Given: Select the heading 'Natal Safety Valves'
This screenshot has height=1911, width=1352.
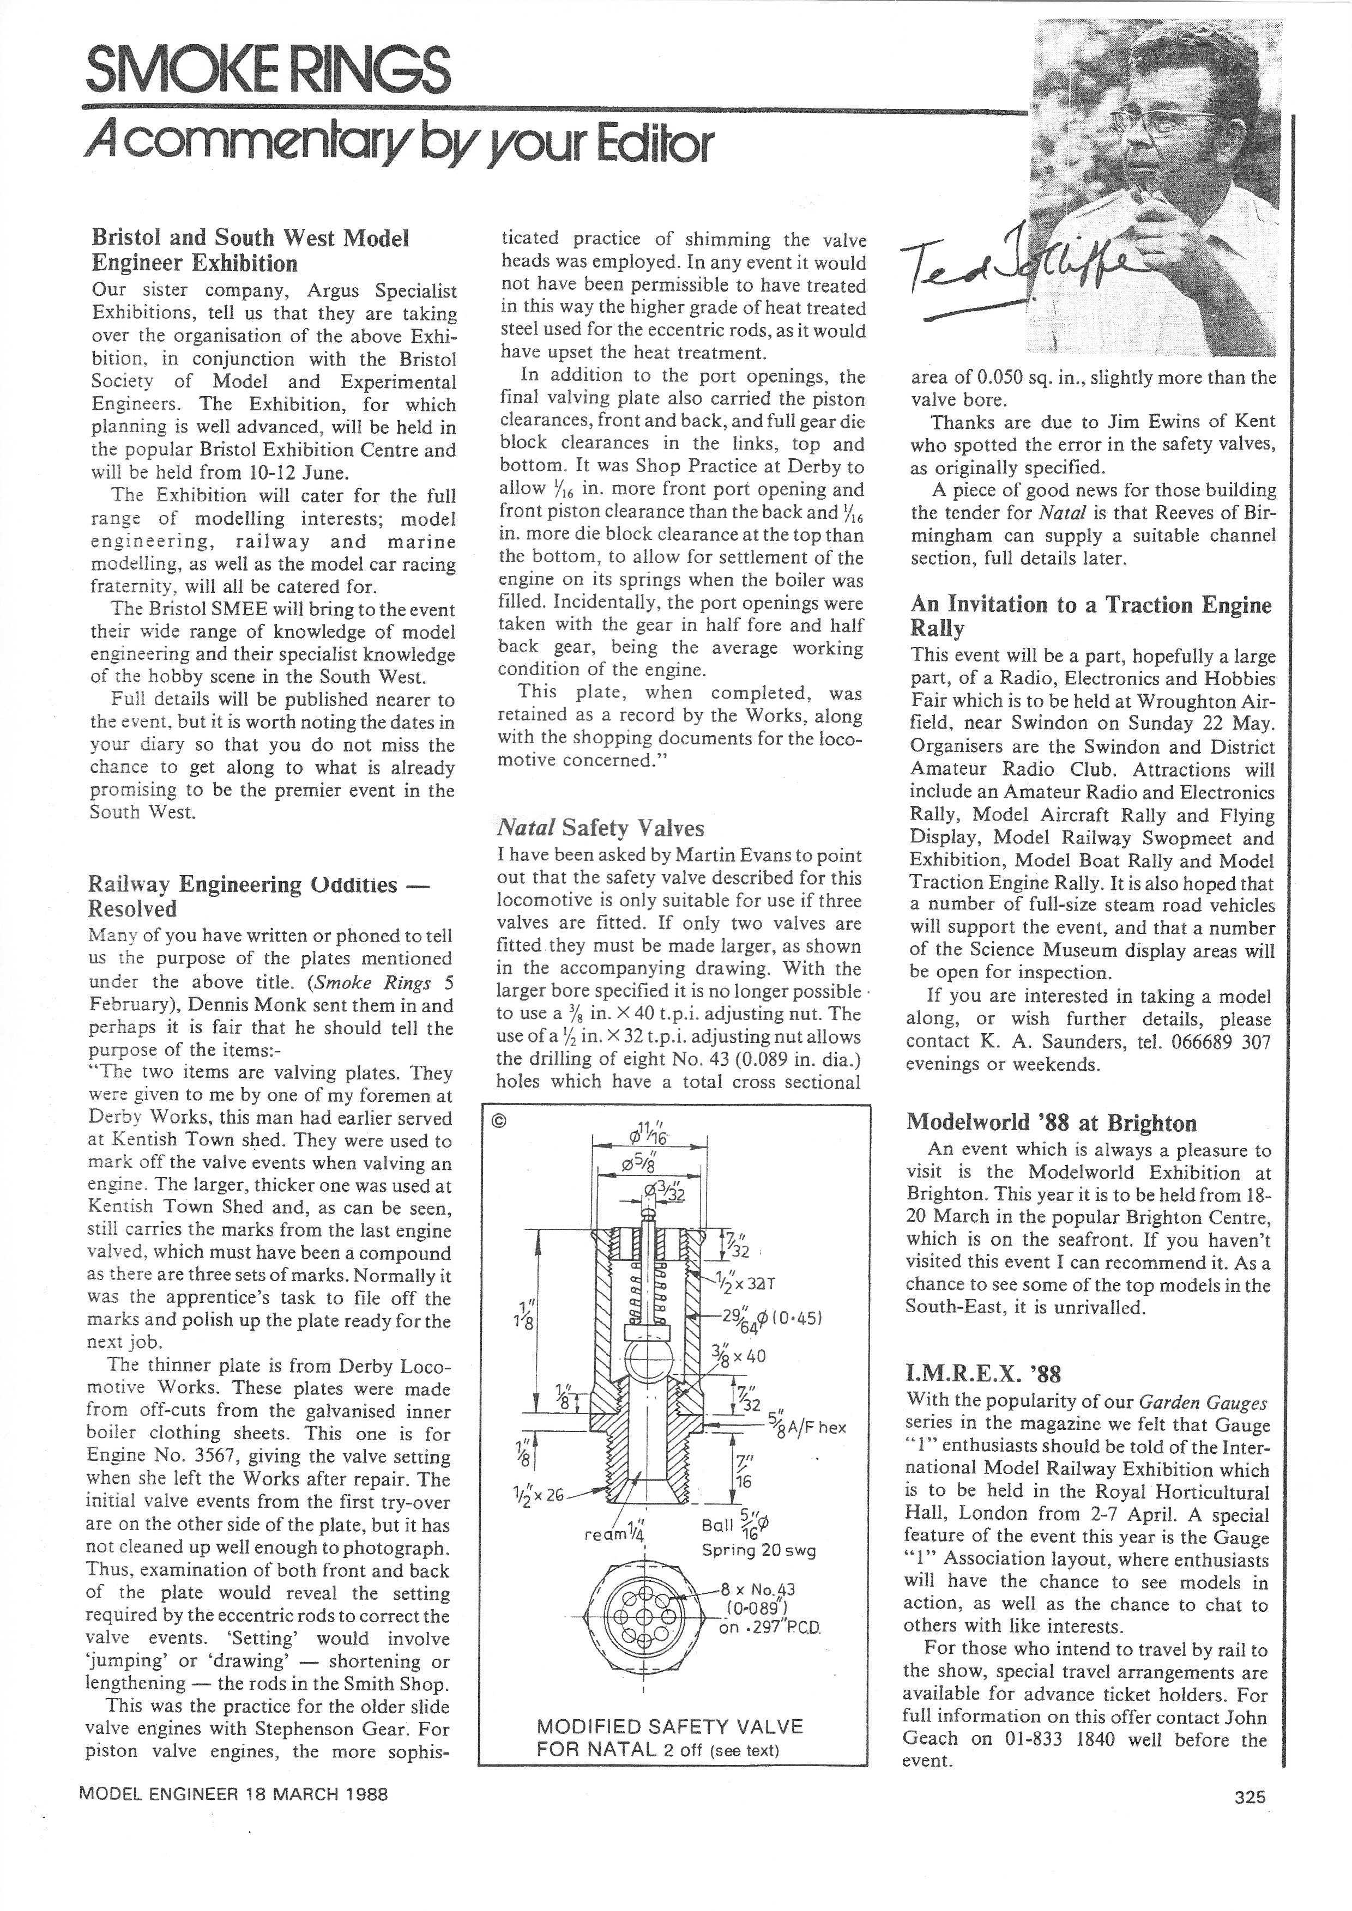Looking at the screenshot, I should [x=600, y=828].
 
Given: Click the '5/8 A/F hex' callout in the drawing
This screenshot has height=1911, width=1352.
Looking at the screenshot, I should [x=807, y=1426].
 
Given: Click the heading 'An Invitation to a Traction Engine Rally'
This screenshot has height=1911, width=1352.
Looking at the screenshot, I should [x=1090, y=616].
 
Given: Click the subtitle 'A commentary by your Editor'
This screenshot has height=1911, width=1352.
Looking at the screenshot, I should [x=400, y=144].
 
